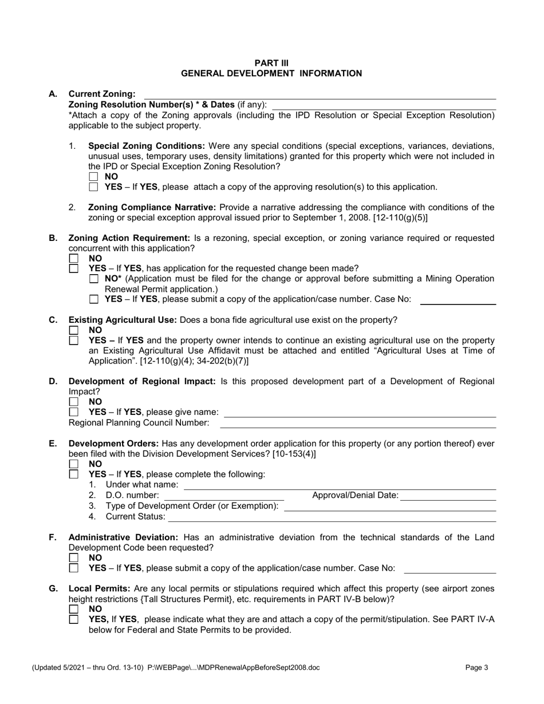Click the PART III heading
271,62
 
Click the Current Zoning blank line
318,94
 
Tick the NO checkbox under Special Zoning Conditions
94,177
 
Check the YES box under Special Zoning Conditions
94,187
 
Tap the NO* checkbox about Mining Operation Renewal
94,279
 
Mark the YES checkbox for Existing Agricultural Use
73,341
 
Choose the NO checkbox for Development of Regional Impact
73,402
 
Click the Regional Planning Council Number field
358,423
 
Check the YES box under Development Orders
73,474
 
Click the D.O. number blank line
224,496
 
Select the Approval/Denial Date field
448,496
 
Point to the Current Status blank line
332,517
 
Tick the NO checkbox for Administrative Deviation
73,557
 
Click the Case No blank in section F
450,568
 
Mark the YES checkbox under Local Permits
73,620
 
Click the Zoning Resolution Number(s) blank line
384,105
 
